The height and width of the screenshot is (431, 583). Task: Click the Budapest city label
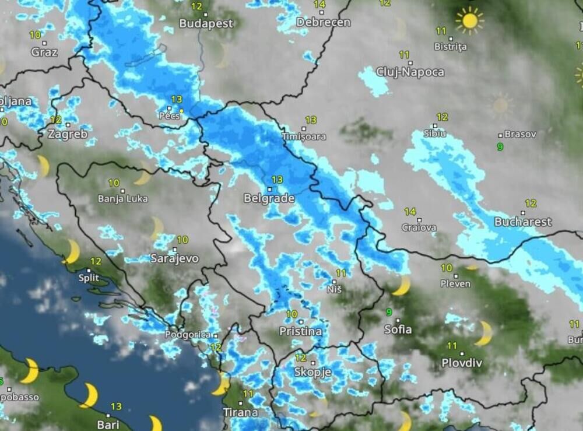tap(206, 24)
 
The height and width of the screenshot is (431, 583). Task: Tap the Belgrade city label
tap(269, 199)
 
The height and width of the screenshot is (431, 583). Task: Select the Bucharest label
tap(522, 222)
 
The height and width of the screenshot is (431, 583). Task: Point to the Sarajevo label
tap(174, 258)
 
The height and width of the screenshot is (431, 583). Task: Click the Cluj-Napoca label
tap(410, 72)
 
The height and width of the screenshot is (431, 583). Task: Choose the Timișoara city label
tap(303, 137)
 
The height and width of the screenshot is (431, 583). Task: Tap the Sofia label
tap(398, 330)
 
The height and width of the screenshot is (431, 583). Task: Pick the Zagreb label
tap(67, 134)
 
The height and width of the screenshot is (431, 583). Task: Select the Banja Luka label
tap(122, 199)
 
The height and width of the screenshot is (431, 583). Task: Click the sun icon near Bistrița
tap(469, 20)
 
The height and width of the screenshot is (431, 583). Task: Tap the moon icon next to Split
tap(72, 251)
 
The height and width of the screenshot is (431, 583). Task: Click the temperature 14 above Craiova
tap(410, 212)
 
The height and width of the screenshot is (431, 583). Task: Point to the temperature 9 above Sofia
tap(389, 312)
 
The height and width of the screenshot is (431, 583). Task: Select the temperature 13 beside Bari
tap(116, 407)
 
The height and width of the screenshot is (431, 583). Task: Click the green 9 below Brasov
tap(500, 146)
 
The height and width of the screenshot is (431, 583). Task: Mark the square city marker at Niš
tap(335, 281)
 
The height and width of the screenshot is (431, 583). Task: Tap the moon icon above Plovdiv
tap(483, 333)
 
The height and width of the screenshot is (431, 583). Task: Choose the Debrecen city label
tap(323, 22)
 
